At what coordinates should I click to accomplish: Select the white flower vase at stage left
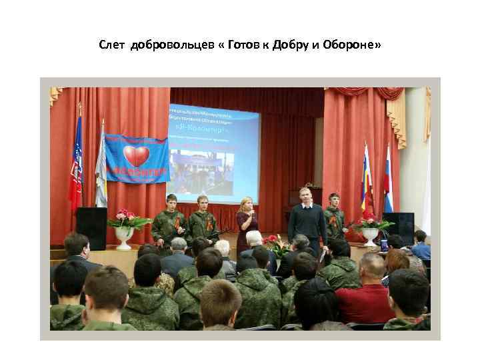pyautogui.click(x=124, y=237)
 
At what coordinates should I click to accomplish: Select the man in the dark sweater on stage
pyautogui.click(x=307, y=217)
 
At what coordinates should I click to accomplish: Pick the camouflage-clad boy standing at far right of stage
pyautogui.click(x=335, y=217)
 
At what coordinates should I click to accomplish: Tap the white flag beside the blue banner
pyautogui.click(x=101, y=167)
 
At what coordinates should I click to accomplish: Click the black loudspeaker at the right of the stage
pyautogui.click(x=401, y=227)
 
